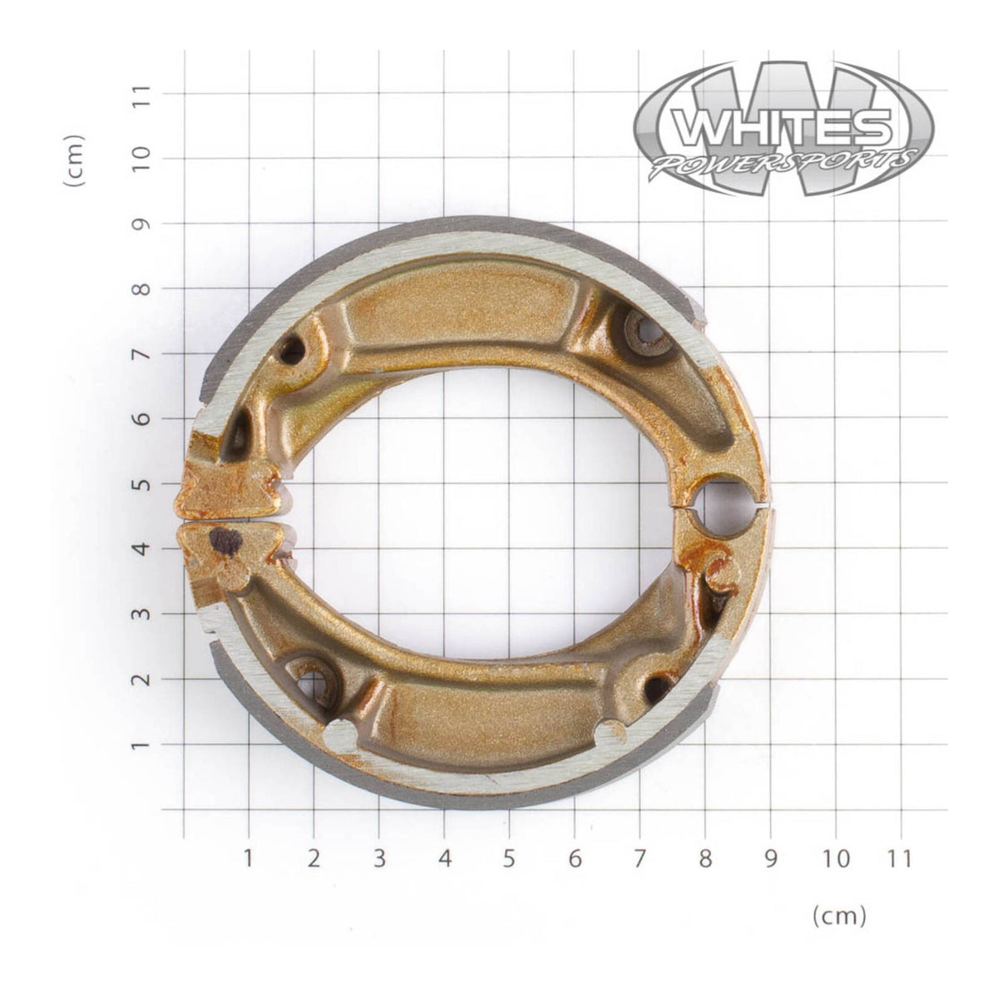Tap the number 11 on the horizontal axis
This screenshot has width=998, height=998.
[x=901, y=857]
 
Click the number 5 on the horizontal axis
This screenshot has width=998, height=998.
[x=509, y=857]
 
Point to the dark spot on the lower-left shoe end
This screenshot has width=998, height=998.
[x=225, y=541]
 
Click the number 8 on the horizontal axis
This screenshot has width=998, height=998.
[x=705, y=857]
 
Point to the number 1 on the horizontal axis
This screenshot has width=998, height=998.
[x=248, y=857]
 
